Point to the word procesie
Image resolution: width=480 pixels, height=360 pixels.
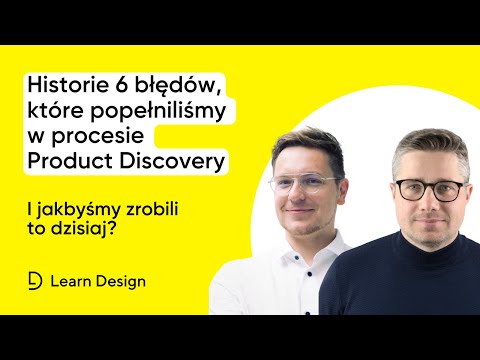[91, 137]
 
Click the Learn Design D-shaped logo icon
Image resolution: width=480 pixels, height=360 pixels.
[35, 281]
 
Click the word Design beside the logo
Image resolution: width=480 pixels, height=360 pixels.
[119, 281]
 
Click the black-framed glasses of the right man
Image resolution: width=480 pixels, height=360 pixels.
[428, 189]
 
